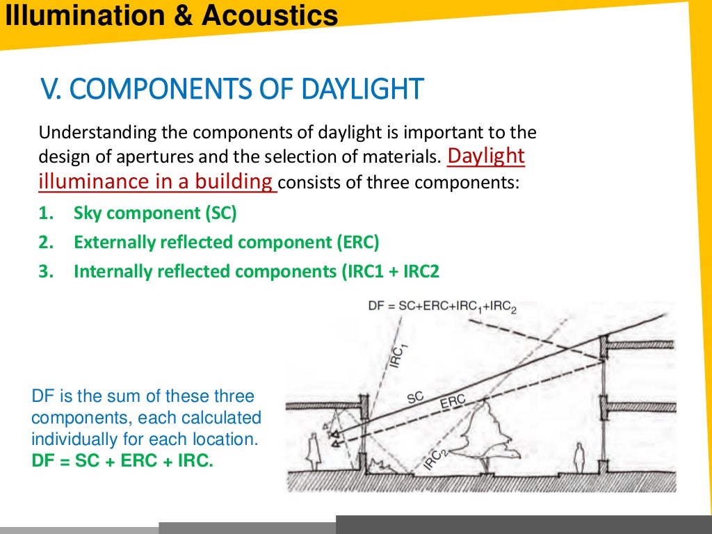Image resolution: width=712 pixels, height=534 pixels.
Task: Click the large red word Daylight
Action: pyautogui.click(x=486, y=156)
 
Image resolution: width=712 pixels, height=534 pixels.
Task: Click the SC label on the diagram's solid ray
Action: pyautogui.click(x=415, y=398)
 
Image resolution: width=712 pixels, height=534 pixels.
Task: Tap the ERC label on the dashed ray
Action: pyautogui.click(x=452, y=403)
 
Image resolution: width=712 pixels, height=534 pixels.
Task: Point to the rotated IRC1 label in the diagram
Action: pyautogui.click(x=397, y=355)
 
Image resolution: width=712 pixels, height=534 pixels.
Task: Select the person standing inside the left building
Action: pyautogui.click(x=313, y=452)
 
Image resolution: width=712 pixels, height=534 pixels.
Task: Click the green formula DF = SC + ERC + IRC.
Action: pyautogui.click(x=122, y=460)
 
